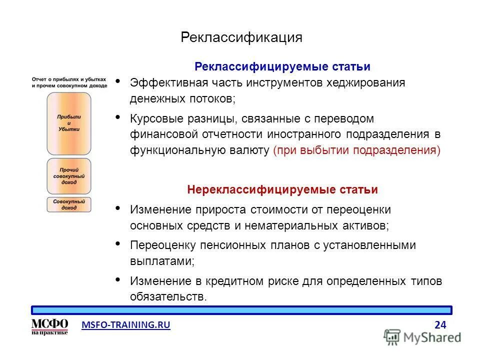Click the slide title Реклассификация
point(241,38)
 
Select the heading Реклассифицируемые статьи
point(282,66)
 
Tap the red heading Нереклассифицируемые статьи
point(282,190)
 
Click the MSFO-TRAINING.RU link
point(125,325)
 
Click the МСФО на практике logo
point(49,326)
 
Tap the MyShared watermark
point(422,337)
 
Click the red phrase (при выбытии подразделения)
point(357,150)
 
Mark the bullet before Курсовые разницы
point(118,117)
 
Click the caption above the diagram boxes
point(69,82)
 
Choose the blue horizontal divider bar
point(241,310)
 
